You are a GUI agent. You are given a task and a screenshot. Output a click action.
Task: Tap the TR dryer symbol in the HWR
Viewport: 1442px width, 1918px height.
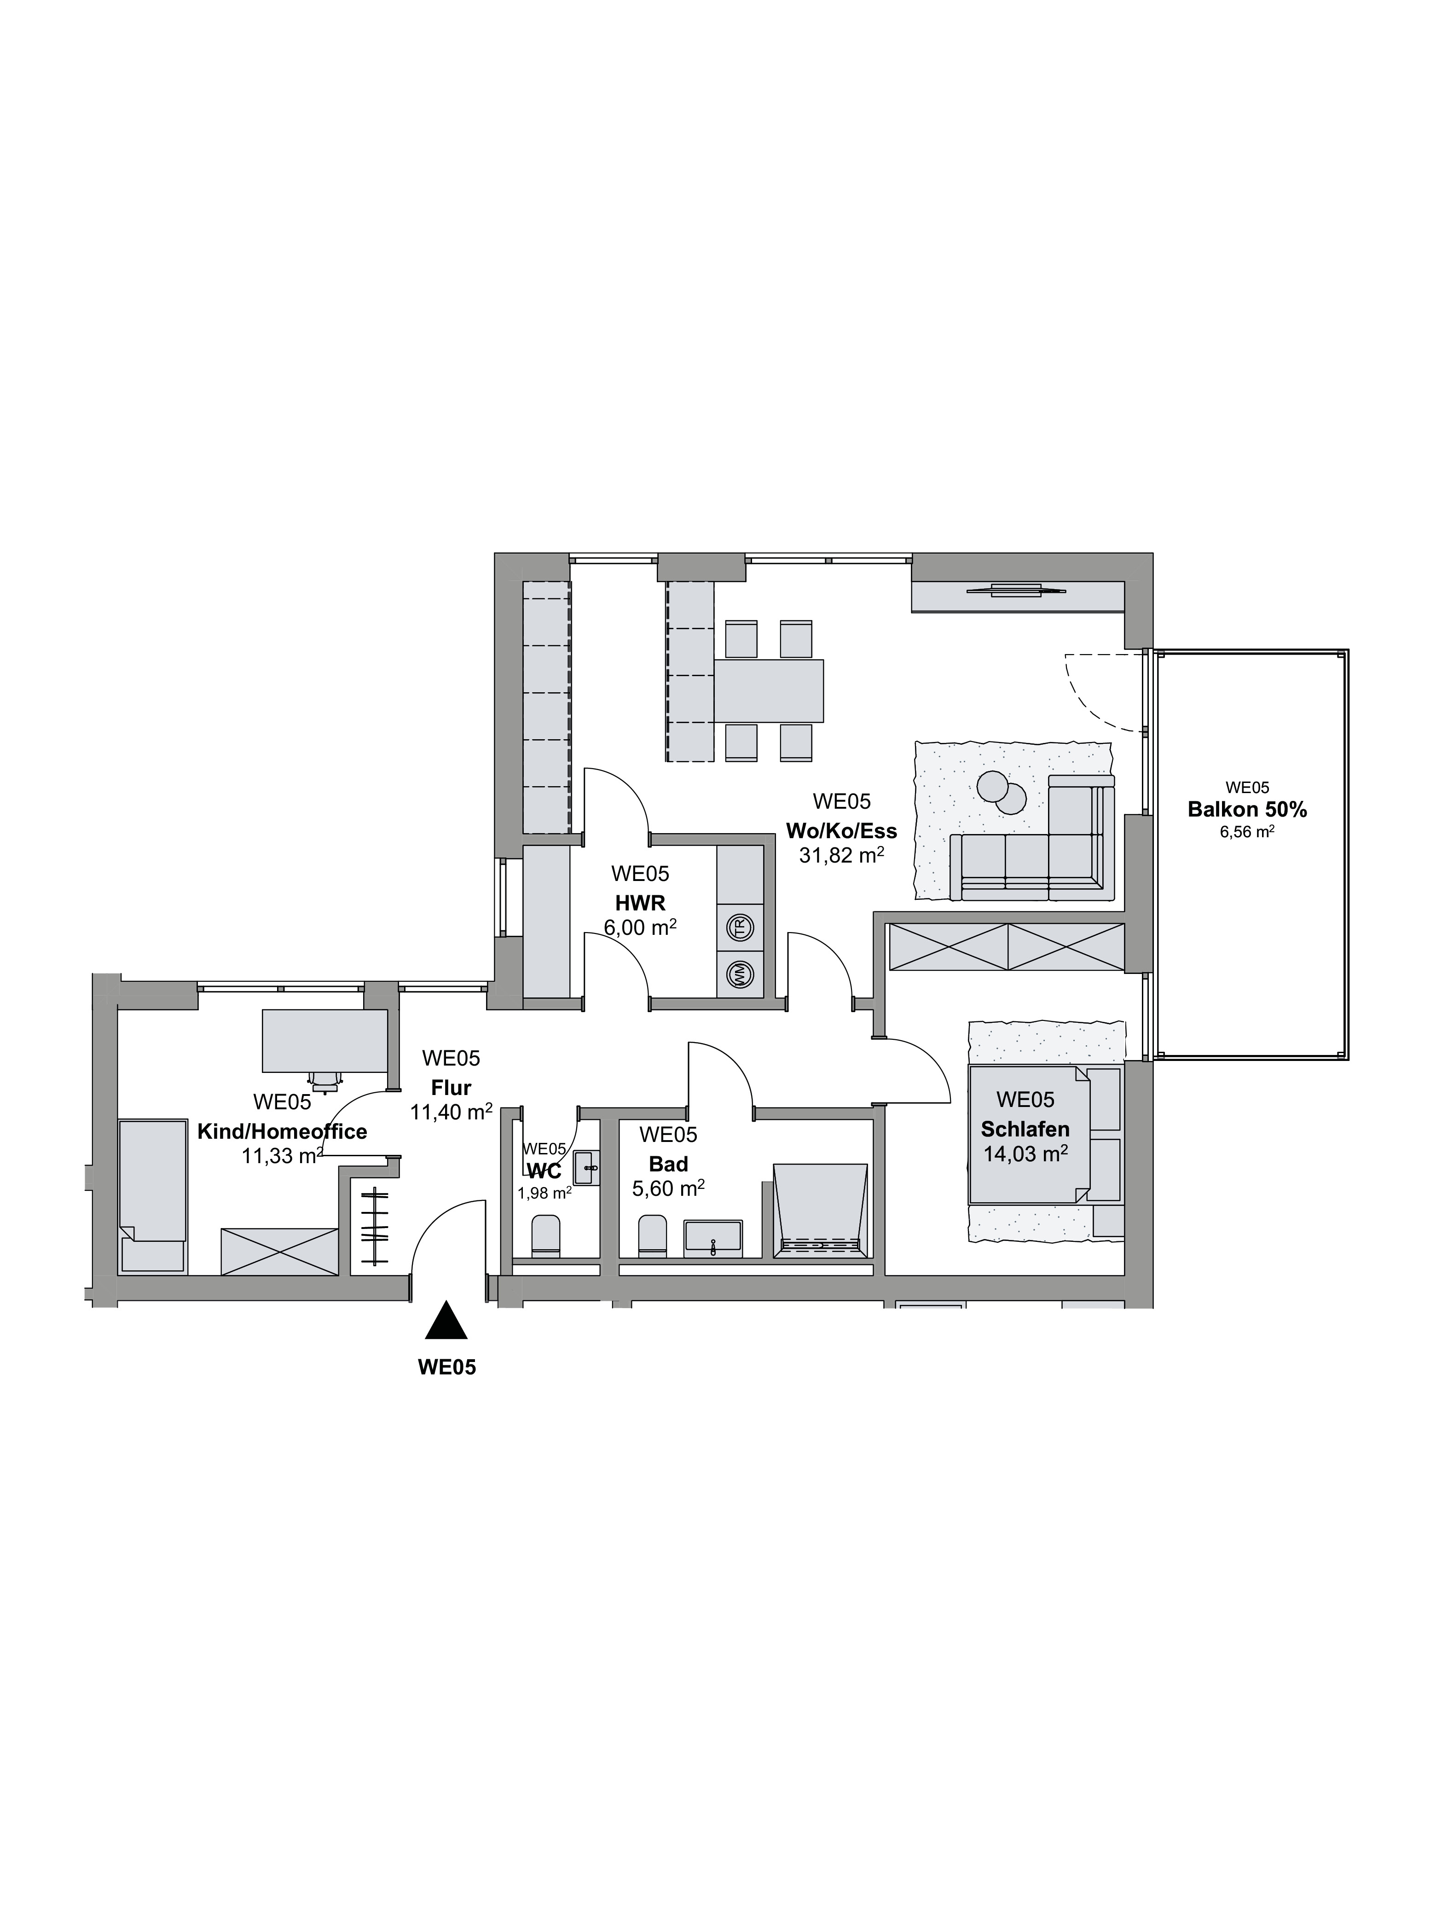pyautogui.click(x=740, y=928)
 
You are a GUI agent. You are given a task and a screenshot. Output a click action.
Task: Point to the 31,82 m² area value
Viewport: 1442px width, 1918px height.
pyautogui.click(x=841, y=856)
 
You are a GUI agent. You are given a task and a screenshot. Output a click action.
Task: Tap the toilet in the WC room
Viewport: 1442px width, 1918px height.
pyautogui.click(x=546, y=1235)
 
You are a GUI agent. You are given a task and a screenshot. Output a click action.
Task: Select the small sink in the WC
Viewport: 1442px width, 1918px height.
pyautogui.click(x=587, y=1168)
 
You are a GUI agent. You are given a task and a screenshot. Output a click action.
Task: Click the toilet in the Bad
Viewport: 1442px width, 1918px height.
pyautogui.click(x=653, y=1235)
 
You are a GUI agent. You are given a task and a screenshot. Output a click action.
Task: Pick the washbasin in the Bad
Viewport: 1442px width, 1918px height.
pyautogui.click(x=713, y=1238)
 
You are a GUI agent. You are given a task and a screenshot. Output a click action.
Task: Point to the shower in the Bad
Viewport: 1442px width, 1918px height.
pyautogui.click(x=820, y=1211)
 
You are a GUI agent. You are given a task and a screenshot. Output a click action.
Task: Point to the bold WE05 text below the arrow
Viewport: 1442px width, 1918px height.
pyautogui.click(x=446, y=1368)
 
